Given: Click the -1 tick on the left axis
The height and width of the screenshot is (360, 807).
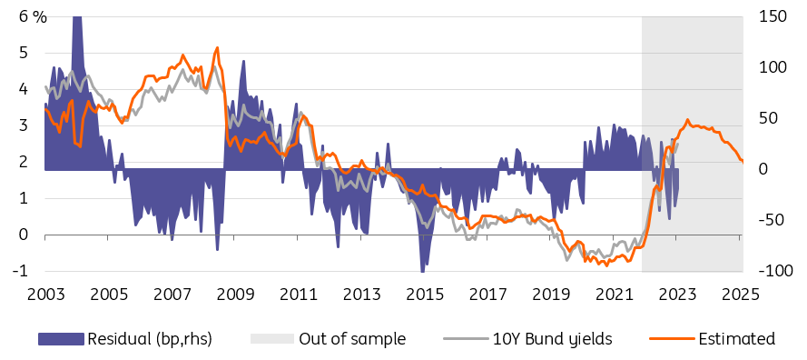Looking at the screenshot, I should pyautogui.click(x=22, y=271).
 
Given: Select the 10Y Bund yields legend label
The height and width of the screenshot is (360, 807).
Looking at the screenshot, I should pyautogui.click(x=552, y=339).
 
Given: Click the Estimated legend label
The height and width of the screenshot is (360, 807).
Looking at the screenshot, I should pyautogui.click(x=736, y=339).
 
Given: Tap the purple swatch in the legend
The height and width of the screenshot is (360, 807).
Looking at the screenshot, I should pyautogui.click(x=61, y=339).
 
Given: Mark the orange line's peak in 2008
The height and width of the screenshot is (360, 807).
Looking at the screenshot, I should pyautogui.click(x=217, y=47).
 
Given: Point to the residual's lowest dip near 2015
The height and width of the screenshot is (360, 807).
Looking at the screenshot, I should pyautogui.click(x=422, y=271).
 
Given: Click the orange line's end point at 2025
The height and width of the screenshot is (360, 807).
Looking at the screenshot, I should pyautogui.click(x=743, y=162).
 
